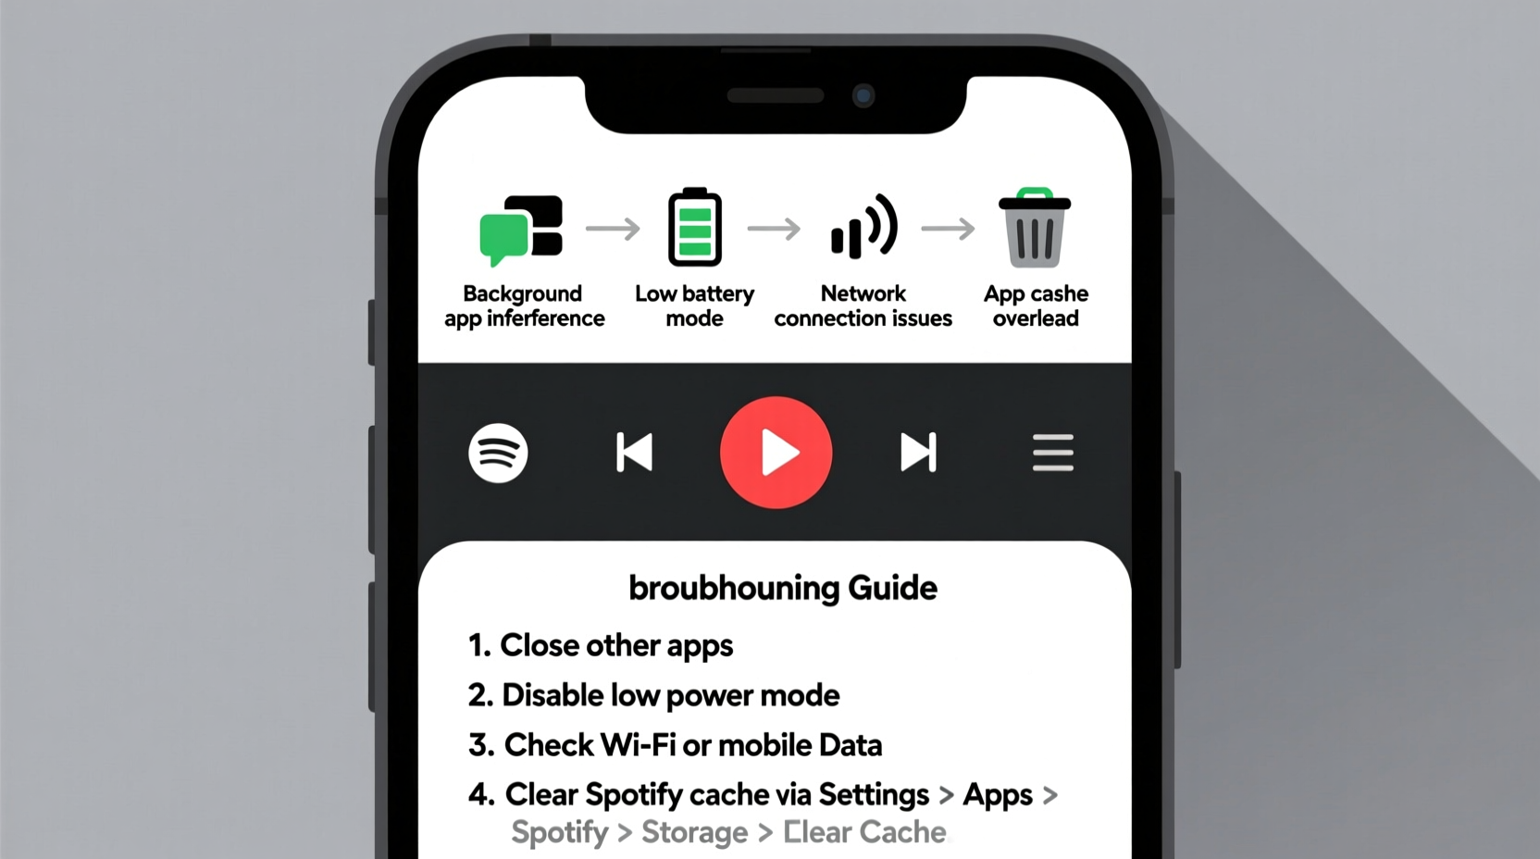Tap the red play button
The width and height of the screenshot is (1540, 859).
tap(776, 453)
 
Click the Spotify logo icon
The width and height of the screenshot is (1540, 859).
tap(498, 453)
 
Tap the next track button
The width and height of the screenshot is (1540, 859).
tap(918, 453)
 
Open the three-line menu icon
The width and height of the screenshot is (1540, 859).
tap(1052, 453)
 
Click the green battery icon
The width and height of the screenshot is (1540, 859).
tap(694, 228)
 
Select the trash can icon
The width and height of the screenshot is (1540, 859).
tap(1034, 229)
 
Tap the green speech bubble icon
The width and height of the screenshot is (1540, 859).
tap(503, 235)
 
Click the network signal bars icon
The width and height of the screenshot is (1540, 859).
tap(863, 228)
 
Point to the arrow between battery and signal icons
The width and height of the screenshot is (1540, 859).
tap(774, 229)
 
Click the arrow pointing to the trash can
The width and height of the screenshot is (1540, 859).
tap(948, 229)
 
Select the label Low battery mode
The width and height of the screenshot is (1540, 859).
tap(694, 306)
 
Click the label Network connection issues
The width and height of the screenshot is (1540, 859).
tap(863, 306)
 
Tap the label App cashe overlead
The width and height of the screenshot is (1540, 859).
tap(1036, 306)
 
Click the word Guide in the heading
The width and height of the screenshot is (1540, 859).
tap(892, 588)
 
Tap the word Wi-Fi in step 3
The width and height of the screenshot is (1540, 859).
tap(638, 745)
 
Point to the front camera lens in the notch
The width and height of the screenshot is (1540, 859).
tap(863, 95)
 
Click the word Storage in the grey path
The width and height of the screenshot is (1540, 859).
tap(694, 832)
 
